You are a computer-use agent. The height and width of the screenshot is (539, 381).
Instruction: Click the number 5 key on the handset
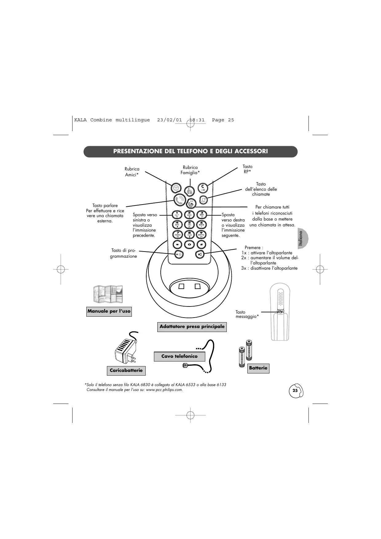pyautogui.click(x=189, y=224)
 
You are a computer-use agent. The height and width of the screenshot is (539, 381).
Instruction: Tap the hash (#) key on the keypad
pyautogui.click(x=201, y=244)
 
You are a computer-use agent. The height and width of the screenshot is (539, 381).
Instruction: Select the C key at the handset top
pyautogui.click(x=202, y=187)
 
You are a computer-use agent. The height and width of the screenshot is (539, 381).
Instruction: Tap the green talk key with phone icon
pyautogui.click(x=179, y=200)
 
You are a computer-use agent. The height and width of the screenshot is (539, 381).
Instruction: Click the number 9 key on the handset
pyautogui.click(x=201, y=234)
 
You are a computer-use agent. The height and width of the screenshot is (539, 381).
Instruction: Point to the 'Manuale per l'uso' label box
pyautogui.click(x=109, y=311)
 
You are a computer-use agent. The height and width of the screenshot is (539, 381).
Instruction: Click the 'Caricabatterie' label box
pyautogui.click(x=126, y=370)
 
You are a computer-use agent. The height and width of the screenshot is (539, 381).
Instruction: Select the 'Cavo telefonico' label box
pyautogui.click(x=179, y=356)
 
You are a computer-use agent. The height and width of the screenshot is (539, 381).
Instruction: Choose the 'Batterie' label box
pyautogui.click(x=258, y=368)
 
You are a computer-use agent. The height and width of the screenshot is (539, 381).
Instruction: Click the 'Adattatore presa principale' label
pyautogui.click(x=192, y=326)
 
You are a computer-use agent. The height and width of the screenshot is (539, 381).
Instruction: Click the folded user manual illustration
pyautogui.click(x=108, y=294)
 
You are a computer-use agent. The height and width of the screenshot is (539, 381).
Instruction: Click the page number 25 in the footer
pyautogui.click(x=295, y=391)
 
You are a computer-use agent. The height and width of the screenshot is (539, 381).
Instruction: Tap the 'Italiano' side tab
pyautogui.click(x=301, y=239)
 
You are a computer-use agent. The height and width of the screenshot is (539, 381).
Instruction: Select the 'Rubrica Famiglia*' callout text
pyautogui.click(x=190, y=170)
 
